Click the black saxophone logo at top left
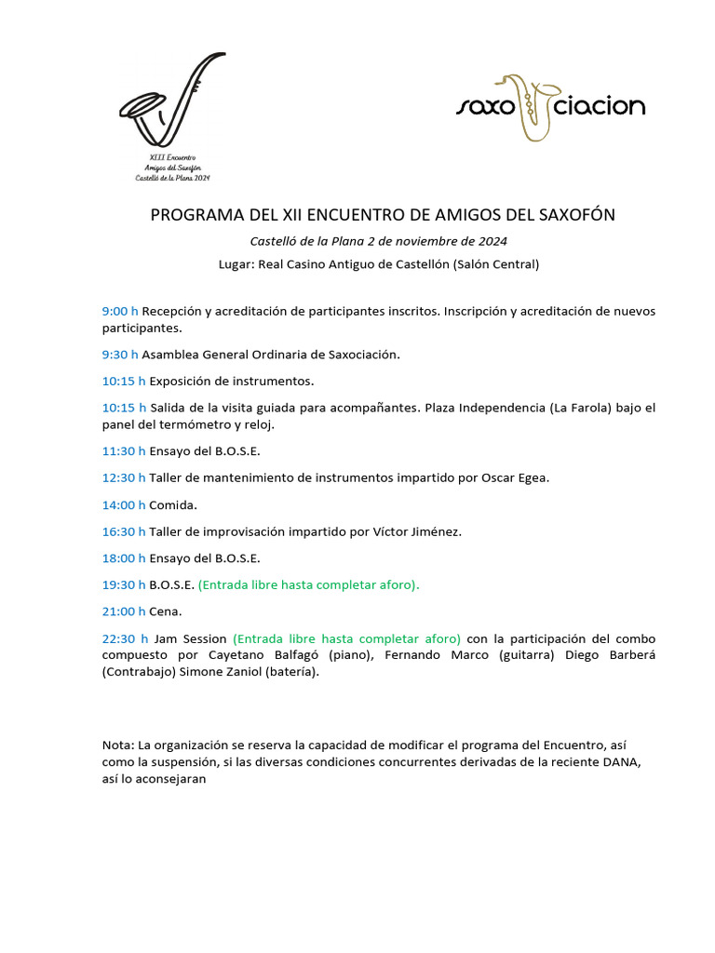point(172,102)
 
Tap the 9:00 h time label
point(120,311)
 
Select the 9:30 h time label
point(120,355)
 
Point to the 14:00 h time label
point(124,505)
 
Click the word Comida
point(173,505)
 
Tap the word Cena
point(166,611)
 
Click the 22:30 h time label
point(125,638)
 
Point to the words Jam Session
point(191,638)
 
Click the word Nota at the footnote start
point(117,745)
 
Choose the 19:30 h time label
point(124,585)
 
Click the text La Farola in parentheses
point(581,408)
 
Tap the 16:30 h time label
point(124,532)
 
